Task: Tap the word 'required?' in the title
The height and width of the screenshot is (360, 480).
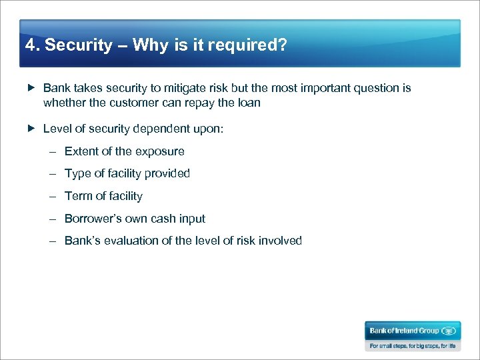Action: pyautogui.click(x=254, y=45)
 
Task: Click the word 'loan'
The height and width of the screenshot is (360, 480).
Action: pyautogui.click(x=249, y=103)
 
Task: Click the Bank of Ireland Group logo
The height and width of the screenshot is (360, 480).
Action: pyautogui.click(x=412, y=331)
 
